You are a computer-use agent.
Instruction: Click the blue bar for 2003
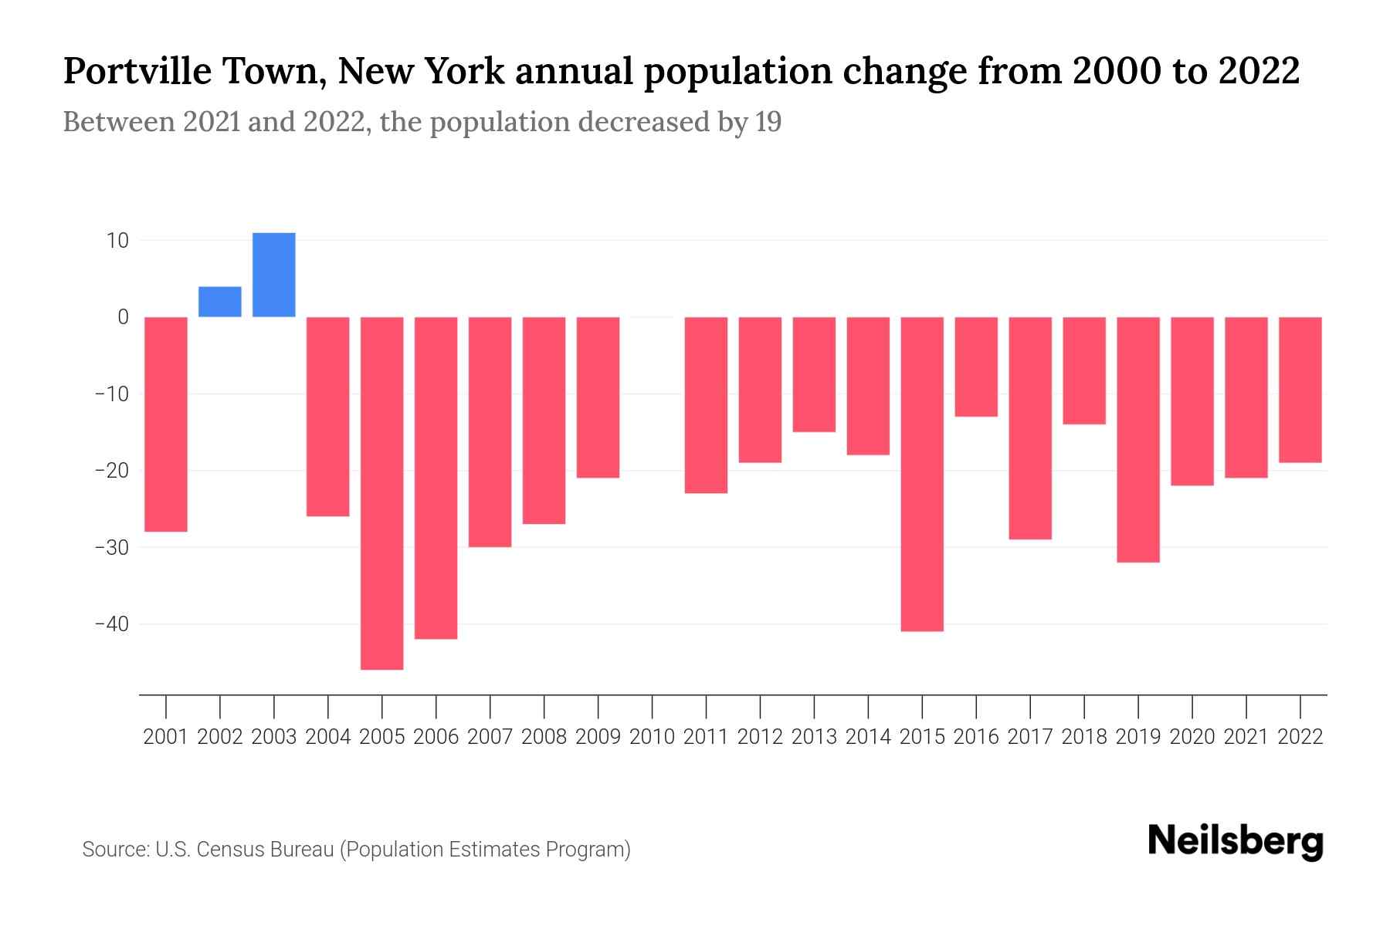(273, 275)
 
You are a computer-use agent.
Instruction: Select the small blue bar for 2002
(219, 302)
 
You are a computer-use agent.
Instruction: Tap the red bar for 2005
(381, 493)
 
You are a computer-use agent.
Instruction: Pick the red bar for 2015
(922, 474)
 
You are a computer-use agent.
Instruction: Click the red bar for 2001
(165, 424)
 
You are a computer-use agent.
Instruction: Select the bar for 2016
(976, 367)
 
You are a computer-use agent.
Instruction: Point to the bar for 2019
(1138, 440)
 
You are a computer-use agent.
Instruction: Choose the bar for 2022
(1300, 390)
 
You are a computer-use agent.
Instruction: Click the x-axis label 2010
(652, 737)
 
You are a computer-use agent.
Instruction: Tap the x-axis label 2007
(490, 737)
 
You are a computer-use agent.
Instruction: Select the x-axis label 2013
(814, 737)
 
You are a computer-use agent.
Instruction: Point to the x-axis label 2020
(1192, 737)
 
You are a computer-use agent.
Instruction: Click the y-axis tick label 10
(117, 241)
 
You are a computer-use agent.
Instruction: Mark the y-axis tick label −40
(111, 624)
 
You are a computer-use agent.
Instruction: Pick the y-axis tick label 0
(123, 317)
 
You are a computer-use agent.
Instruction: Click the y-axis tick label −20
(111, 471)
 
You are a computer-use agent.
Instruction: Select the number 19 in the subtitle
(768, 122)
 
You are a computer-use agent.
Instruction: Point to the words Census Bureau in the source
(266, 850)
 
